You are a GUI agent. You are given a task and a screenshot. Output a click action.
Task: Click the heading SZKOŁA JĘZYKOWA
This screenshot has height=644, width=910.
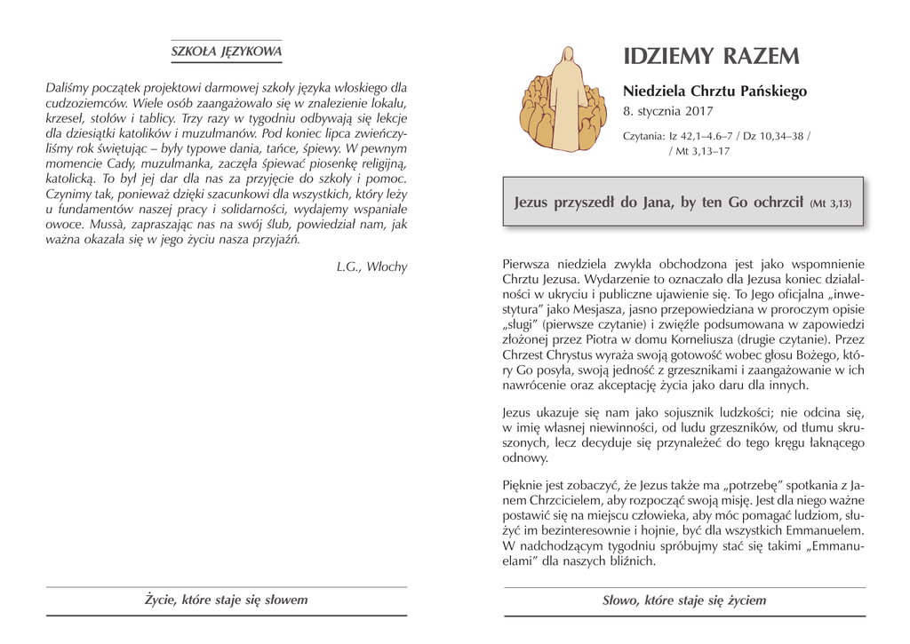click(226, 52)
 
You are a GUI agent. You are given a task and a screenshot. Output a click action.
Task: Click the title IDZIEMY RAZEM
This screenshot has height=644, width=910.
click(711, 57)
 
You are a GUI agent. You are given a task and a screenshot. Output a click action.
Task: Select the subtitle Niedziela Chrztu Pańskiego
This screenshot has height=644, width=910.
click(714, 91)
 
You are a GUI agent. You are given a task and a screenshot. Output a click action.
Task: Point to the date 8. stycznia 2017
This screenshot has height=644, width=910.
click(668, 112)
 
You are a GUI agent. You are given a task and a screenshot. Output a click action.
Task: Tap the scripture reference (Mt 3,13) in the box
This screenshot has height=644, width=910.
click(830, 203)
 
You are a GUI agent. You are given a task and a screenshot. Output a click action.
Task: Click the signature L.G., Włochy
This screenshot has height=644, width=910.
click(371, 266)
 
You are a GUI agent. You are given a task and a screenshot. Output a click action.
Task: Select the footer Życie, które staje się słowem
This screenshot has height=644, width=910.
click(226, 600)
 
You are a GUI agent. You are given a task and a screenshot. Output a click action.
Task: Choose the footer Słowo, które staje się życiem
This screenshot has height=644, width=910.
click(683, 600)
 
